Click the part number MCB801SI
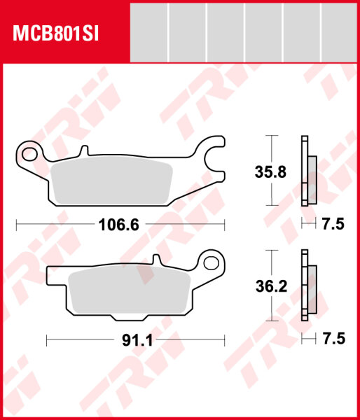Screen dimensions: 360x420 pyautogui.click(x=56, y=34)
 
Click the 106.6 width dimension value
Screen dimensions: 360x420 pyautogui.click(x=119, y=225)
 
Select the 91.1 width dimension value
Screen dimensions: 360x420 pyautogui.click(x=137, y=340)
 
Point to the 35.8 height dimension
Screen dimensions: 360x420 pyautogui.click(x=270, y=172)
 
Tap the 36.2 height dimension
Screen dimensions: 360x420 pyautogui.click(x=271, y=286)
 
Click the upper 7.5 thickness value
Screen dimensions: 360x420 pyautogui.click(x=333, y=224)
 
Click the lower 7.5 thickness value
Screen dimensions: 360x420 pyautogui.click(x=333, y=339)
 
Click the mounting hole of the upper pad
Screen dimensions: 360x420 pyautogui.click(x=29, y=155)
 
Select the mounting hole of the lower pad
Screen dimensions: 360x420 pyautogui.click(x=212, y=263)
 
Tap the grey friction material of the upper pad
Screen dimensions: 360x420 pyautogui.click(x=111, y=181)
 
